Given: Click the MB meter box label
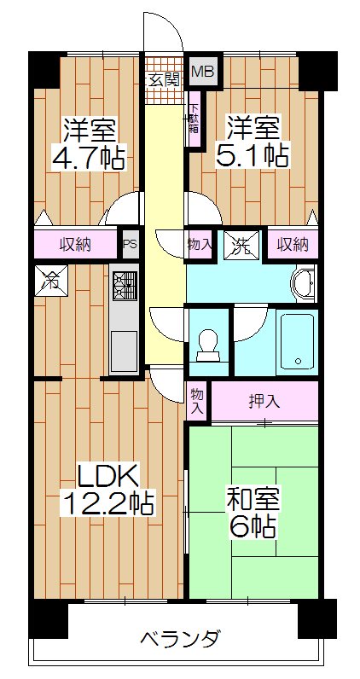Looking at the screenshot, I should click(x=202, y=73).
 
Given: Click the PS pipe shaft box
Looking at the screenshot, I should click(x=130, y=244).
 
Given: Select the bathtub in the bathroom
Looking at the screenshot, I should click(x=296, y=340).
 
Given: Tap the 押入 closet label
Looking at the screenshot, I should click(x=264, y=400).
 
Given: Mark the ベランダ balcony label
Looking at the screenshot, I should click(x=181, y=639).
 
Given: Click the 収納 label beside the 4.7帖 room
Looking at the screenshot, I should click(x=76, y=245).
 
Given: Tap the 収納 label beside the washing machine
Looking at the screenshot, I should click(x=291, y=245).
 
